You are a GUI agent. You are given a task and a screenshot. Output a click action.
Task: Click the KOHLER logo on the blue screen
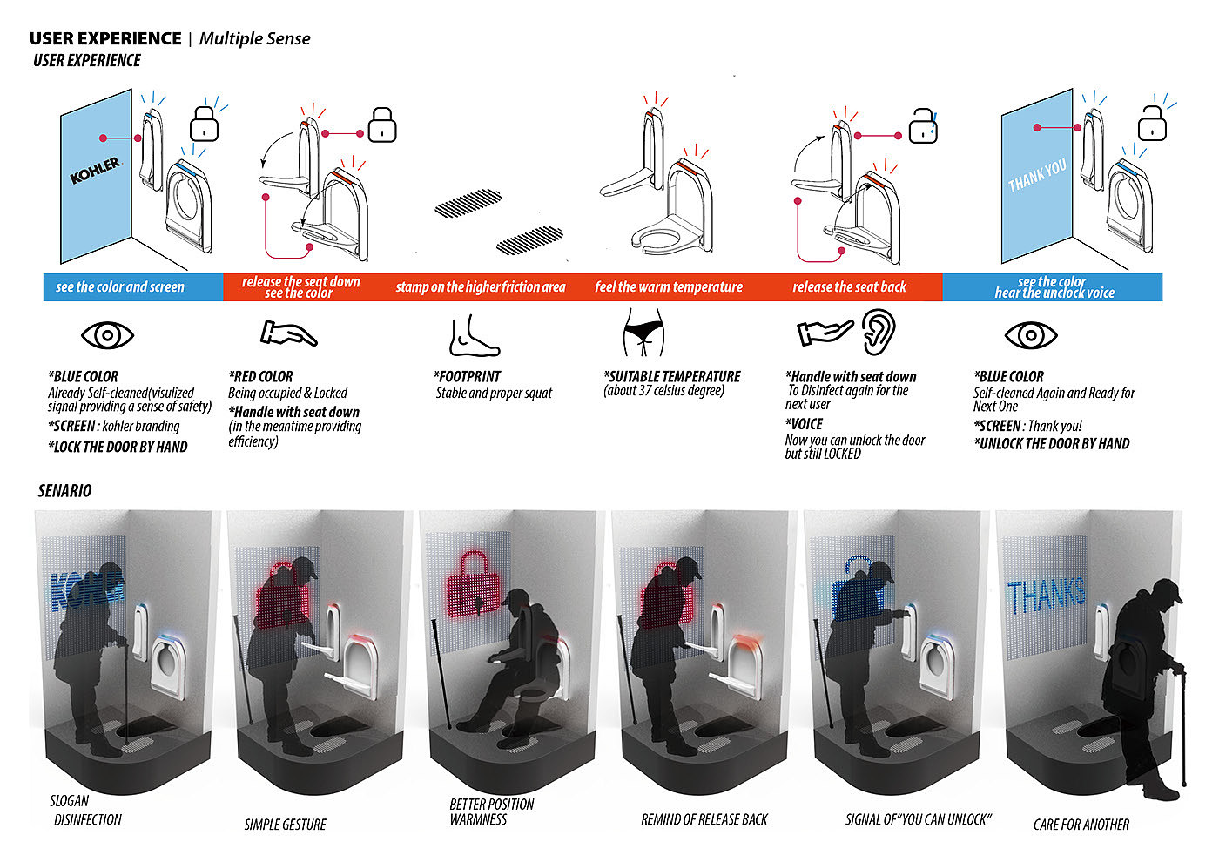pos(95,170)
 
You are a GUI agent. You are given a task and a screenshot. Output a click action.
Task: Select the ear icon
pos(878,333)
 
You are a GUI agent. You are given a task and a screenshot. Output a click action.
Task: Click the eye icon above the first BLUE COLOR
pos(107,334)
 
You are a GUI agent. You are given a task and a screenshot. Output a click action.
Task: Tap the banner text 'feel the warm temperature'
pos(669,286)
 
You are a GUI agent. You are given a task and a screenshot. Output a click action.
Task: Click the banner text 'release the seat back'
pos(849,286)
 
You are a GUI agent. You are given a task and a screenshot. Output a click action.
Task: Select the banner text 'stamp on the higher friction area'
pos(481,286)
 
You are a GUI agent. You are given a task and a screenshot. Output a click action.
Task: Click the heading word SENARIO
pos(64,490)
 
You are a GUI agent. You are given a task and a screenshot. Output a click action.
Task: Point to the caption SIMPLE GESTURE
pos(286,824)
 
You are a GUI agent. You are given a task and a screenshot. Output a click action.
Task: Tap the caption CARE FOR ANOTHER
pos(1081,824)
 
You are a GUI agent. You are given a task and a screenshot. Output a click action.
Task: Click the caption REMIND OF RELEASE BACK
pos(704,819)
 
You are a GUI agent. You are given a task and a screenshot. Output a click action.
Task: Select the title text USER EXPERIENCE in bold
pos(105,38)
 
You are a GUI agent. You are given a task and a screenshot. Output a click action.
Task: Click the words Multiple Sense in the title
pos(254,38)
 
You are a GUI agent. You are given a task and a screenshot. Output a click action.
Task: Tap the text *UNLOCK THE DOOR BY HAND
pos(1052,443)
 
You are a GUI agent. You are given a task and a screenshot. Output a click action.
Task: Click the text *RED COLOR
pos(261,376)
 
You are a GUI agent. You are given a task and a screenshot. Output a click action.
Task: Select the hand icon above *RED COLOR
pos(288,333)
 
